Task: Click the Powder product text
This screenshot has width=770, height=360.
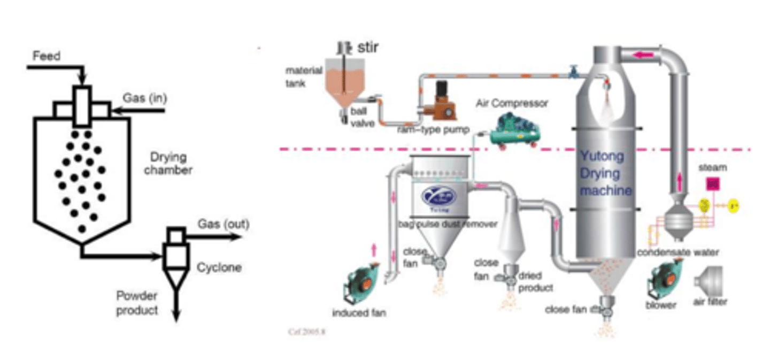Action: [x=137, y=302]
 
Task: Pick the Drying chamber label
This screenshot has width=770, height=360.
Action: [x=168, y=164]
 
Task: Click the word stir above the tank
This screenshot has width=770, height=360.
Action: [x=368, y=48]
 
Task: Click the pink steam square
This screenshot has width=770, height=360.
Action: [x=712, y=184]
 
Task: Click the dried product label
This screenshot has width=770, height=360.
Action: [x=534, y=281]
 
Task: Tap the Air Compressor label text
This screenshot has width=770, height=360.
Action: [x=512, y=104]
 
